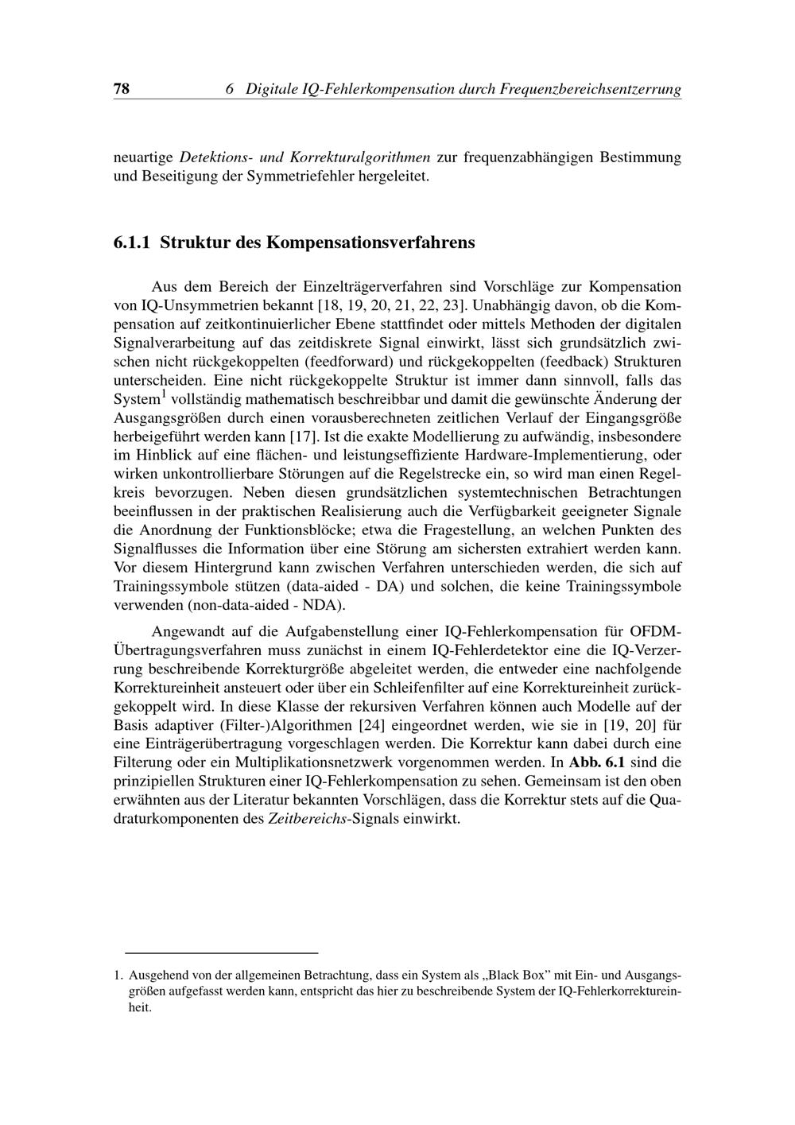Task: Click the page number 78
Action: tap(122, 89)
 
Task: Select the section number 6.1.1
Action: tap(133, 242)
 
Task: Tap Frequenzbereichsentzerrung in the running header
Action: tap(590, 89)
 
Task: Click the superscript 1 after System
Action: tap(164, 394)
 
